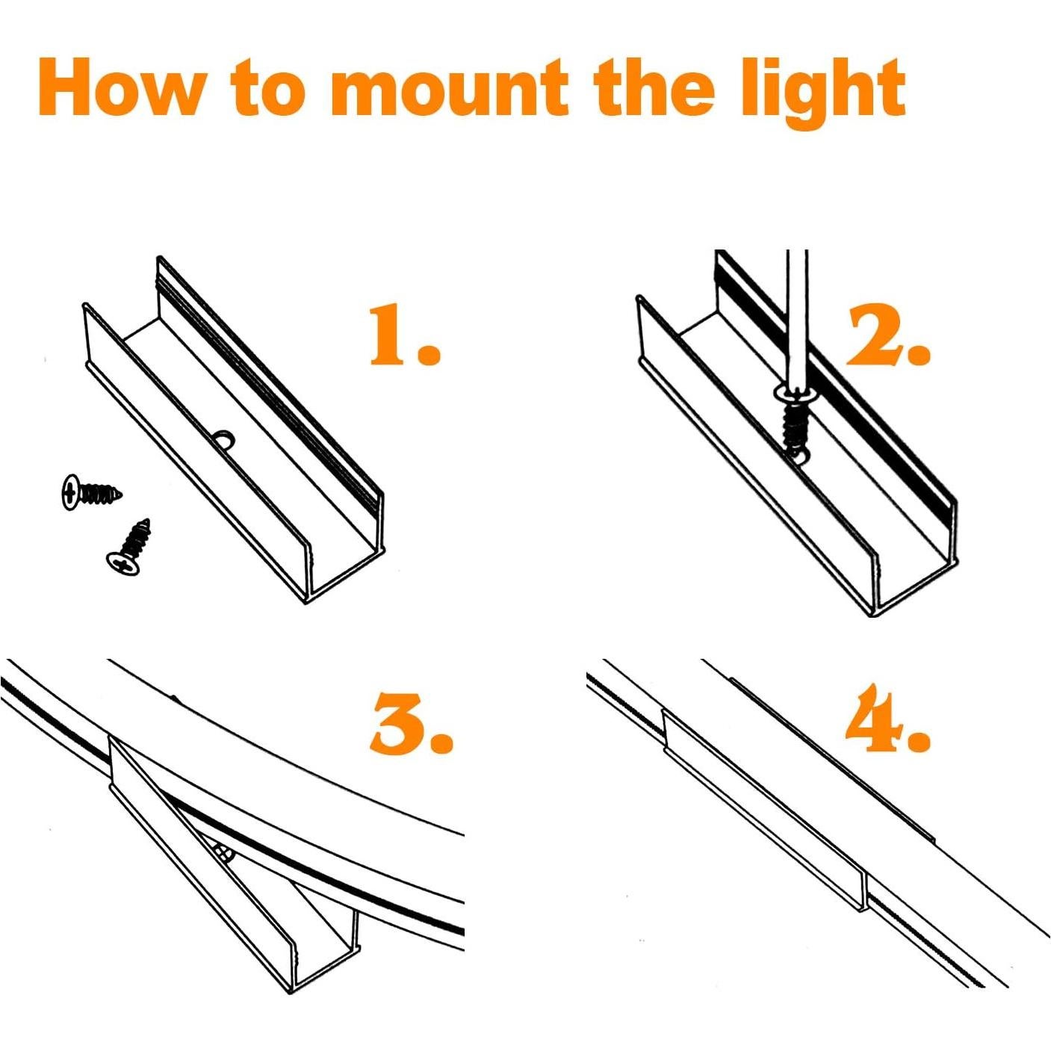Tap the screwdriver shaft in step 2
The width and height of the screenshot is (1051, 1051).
[x=796, y=314]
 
